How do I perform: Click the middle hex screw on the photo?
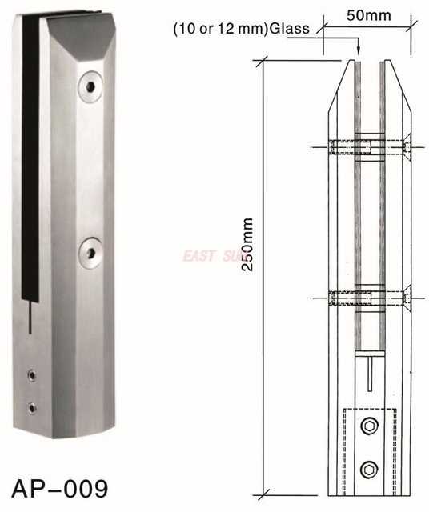pyautogui.click(x=90, y=254)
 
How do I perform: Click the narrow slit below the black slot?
pyautogui.click(x=29, y=316)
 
